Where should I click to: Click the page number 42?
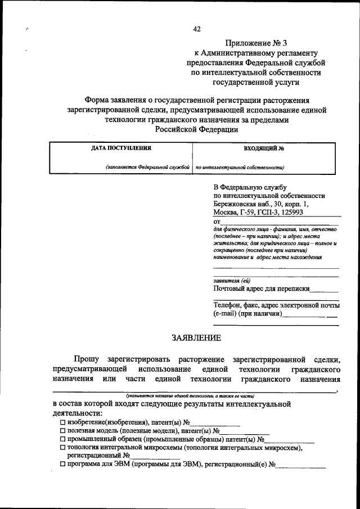pos(196,29)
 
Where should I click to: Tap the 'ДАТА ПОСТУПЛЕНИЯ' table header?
pos(121,148)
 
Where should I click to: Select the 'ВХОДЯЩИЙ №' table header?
pos(264,148)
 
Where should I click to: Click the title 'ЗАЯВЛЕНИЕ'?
pos(196,337)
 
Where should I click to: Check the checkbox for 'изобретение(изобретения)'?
pos(62,422)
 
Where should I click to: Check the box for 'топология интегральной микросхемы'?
pos(62,448)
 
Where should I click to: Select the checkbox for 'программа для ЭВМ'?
pos(62,465)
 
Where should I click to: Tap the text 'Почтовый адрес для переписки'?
pos(262,289)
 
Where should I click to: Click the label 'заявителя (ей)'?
pos(232,281)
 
